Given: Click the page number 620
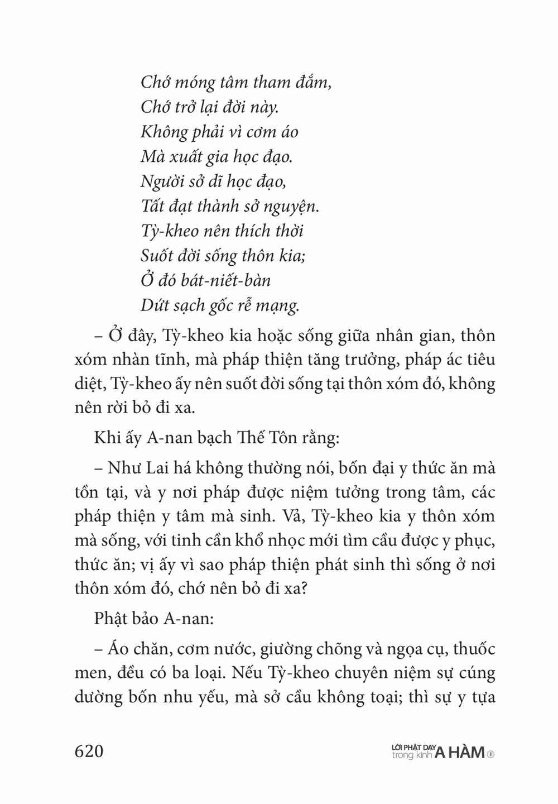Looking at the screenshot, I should (x=89, y=751).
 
